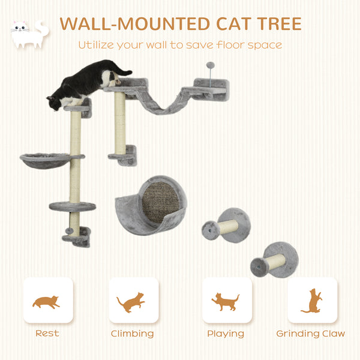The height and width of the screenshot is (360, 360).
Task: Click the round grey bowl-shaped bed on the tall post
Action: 44,160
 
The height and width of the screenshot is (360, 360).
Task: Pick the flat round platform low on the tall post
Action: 72,206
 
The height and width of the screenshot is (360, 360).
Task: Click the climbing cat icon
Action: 131,301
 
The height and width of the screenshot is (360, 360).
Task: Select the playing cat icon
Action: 226,301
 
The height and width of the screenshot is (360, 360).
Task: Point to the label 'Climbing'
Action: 132,334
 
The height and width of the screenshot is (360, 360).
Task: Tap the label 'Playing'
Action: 226,334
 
